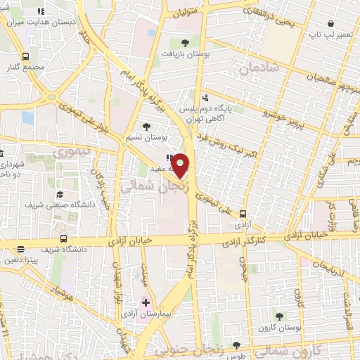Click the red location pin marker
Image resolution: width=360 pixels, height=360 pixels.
(181, 165)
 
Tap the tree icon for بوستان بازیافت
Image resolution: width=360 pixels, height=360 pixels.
(185, 41)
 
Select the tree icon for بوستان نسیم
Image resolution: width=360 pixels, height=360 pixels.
(146, 127)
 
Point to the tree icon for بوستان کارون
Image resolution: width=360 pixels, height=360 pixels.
(280, 316)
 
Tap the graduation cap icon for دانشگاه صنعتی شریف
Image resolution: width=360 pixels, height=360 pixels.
(60, 193)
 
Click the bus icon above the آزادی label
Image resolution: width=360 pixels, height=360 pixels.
(243, 213)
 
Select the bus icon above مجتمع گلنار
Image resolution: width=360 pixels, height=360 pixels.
(26, 56)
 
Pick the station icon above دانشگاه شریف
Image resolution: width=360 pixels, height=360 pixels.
(63, 238)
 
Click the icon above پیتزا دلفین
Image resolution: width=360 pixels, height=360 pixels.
(20, 248)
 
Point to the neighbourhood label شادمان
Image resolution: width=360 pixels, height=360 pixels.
(259, 68)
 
